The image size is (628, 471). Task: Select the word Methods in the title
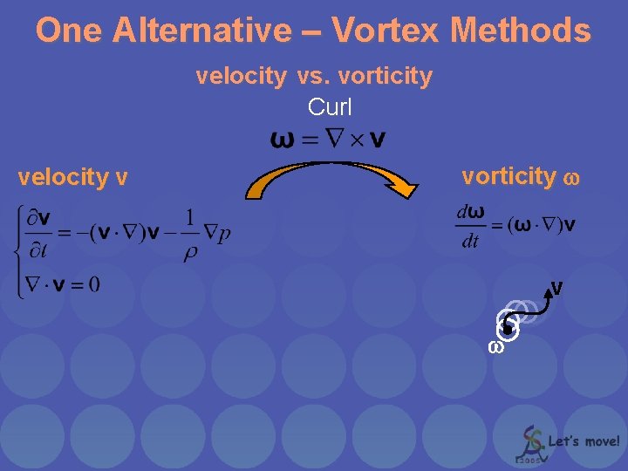(521, 31)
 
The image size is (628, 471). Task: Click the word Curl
(330, 107)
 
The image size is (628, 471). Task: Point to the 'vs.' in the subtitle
(312, 77)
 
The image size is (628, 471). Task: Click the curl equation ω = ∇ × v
(329, 139)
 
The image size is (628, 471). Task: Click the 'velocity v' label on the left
(73, 178)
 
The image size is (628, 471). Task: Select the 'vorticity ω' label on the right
(519, 177)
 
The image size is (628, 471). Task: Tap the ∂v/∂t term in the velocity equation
(40, 235)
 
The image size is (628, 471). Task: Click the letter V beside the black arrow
(556, 288)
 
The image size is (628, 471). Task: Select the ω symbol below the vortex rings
(495, 346)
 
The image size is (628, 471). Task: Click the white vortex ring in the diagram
(509, 327)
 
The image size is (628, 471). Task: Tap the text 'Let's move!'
(584, 442)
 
